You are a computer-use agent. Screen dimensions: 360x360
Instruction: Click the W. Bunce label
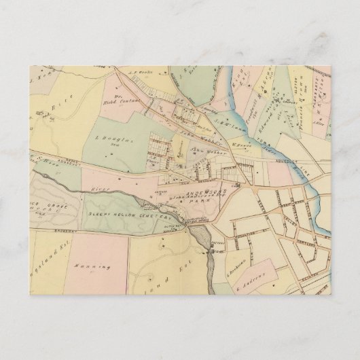(x=235, y=145)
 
